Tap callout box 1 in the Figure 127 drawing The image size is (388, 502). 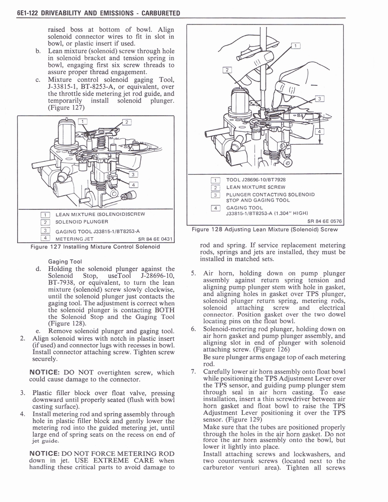pos(83,122)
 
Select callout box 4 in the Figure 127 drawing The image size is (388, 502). pos(134,184)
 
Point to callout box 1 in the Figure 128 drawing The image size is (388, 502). pos(296,46)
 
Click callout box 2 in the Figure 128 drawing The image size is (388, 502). pos(227,70)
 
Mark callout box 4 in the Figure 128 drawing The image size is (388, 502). pos(319,131)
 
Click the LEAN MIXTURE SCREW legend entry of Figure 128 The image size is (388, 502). pos(256,187)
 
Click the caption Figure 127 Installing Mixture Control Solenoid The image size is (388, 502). pos(95,247)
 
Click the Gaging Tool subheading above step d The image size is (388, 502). pos(65,261)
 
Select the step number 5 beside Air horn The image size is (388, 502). pos(193,274)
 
